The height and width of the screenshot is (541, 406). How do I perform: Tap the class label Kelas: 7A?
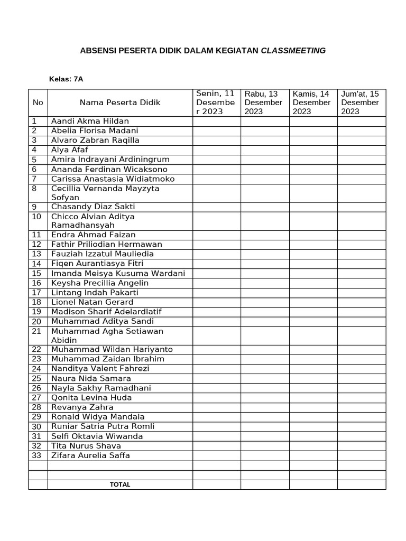click(66, 79)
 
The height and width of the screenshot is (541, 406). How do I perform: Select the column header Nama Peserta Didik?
click(120, 102)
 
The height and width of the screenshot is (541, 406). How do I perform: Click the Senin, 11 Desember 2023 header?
click(216, 102)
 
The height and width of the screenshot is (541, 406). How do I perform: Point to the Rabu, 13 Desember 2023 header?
click(264, 102)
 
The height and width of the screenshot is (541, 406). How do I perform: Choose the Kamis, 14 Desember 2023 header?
click(312, 102)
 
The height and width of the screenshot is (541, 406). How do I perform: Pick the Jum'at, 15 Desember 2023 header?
click(361, 102)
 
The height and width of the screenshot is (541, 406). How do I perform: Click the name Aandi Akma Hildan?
click(90, 121)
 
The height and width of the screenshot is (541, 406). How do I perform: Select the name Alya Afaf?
click(69, 150)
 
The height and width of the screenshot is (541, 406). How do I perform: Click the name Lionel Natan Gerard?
click(92, 302)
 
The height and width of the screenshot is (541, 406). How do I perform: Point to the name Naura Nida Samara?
click(91, 378)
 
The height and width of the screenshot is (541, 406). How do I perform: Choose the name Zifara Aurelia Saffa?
click(90, 455)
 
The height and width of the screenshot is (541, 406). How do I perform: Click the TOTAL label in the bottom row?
click(120, 484)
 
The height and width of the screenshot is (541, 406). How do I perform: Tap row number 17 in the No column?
click(36, 293)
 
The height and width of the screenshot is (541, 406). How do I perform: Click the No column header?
click(38, 102)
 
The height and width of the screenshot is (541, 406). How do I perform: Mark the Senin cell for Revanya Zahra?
click(217, 407)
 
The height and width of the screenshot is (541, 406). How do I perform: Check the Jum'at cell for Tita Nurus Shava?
click(362, 445)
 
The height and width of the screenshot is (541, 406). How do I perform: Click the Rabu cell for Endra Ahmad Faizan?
click(265, 235)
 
